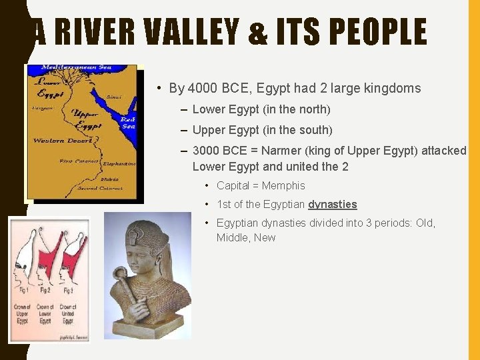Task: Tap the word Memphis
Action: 283,185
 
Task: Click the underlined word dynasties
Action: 333,204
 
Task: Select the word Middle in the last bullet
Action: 231,237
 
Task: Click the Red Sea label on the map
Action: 127,121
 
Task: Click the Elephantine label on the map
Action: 119,163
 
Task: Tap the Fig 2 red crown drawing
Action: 45,257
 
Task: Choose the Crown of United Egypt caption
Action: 68,314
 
